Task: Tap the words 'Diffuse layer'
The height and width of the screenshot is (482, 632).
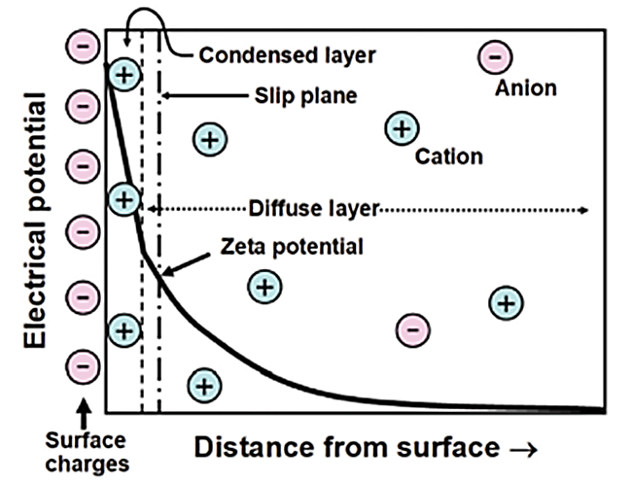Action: (x=311, y=209)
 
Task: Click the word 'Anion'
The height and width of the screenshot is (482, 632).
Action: (x=526, y=88)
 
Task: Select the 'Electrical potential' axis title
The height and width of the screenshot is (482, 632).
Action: (x=36, y=223)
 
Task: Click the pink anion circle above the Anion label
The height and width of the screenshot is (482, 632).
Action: (x=495, y=57)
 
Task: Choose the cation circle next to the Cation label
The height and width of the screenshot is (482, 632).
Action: (x=402, y=127)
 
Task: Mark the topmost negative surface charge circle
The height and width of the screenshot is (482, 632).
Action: (x=84, y=46)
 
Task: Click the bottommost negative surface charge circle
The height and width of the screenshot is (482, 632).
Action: (x=84, y=366)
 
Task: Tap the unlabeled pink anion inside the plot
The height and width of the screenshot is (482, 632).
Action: (x=412, y=329)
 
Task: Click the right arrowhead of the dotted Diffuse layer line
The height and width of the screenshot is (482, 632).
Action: (x=583, y=210)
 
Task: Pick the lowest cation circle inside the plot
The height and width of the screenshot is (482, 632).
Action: (x=203, y=386)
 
